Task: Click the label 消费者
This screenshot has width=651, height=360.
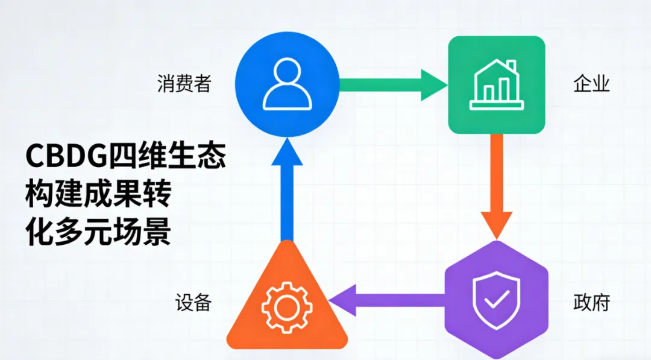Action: [184, 84]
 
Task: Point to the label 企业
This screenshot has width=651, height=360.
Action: [591, 84]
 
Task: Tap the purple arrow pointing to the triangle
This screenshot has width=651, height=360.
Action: [386, 300]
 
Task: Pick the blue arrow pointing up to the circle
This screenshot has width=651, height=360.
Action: [287, 193]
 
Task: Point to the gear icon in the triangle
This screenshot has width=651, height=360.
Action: [287, 308]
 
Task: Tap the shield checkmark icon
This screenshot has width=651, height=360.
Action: [496, 298]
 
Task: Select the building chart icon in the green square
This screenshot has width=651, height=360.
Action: [496, 84]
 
